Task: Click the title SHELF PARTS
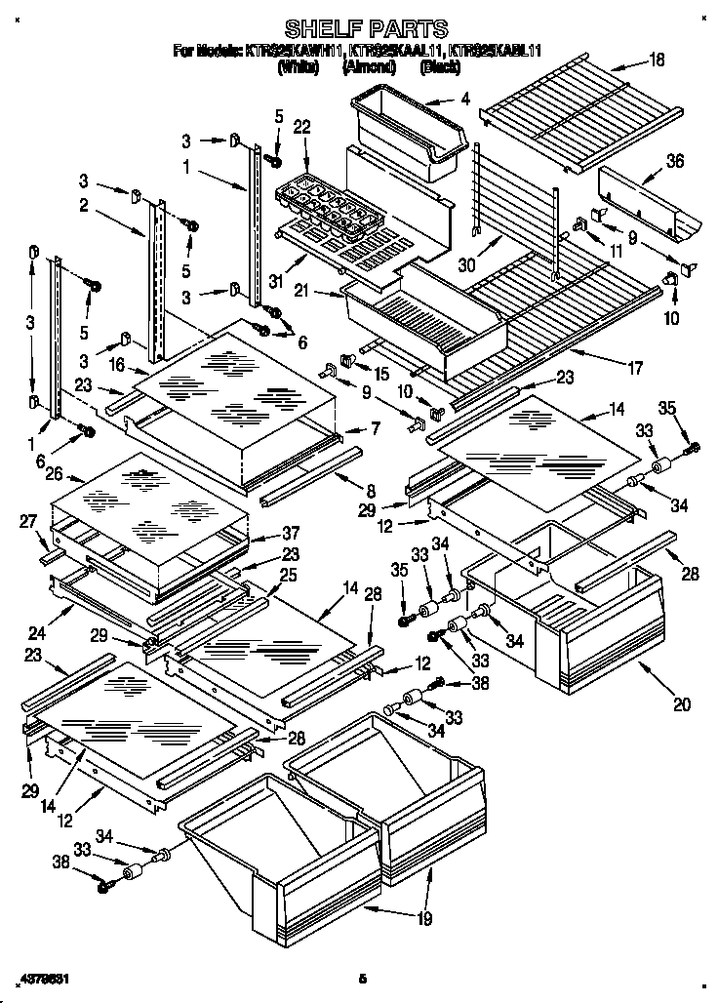pos(366,28)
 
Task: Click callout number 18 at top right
pos(657,60)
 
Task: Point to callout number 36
pos(674,163)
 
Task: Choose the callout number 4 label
pos(465,98)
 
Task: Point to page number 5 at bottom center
pos(360,977)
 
